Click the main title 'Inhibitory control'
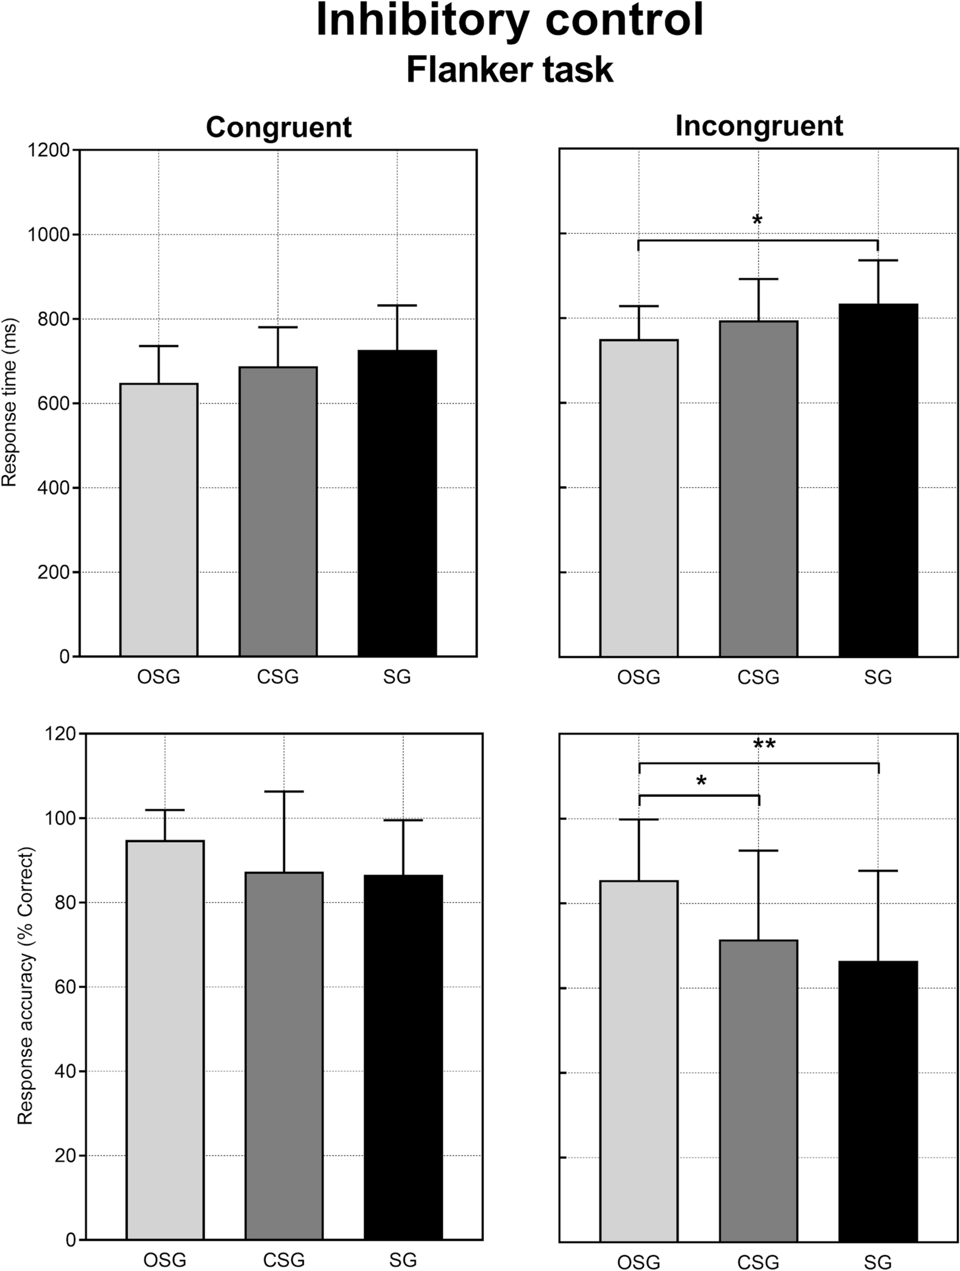pos(510,20)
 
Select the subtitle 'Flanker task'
pos(510,69)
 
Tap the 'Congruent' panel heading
pos(279,127)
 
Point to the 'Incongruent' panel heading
pos(759,126)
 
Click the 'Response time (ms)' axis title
pos(10,403)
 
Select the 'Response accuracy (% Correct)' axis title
pos(25,986)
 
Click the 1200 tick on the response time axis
pos(48,151)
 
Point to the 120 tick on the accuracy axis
pos(61,734)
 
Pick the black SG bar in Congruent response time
pos(397,503)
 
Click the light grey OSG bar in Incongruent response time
pos(639,497)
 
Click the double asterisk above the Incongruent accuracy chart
pos(764,745)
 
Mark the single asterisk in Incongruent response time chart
pos(757,220)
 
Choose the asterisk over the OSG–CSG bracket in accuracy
pos(701,781)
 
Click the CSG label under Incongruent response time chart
pos(758,678)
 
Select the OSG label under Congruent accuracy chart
pos(164,1260)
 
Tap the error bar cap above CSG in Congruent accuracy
pos(284,792)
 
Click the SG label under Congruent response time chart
pos(397,678)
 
